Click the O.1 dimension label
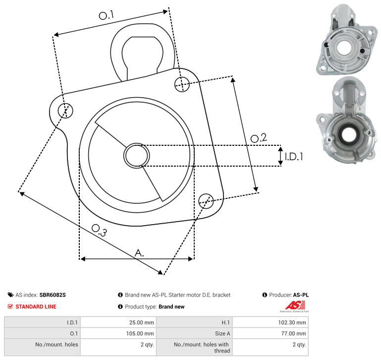pos(107,15)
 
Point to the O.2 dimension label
pos(259,138)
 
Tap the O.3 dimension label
pos(99,230)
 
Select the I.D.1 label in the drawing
pos(294,156)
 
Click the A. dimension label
pos(139,253)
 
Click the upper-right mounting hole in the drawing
pos(182,84)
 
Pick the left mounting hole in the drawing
pos(65,111)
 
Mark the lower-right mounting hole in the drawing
pos(206,201)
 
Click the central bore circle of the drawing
pos(137,156)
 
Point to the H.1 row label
pos(225,322)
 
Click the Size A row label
pos(222,334)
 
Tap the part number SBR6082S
pos(53,295)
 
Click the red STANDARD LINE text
pos(36,306)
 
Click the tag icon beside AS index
pos(10,295)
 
